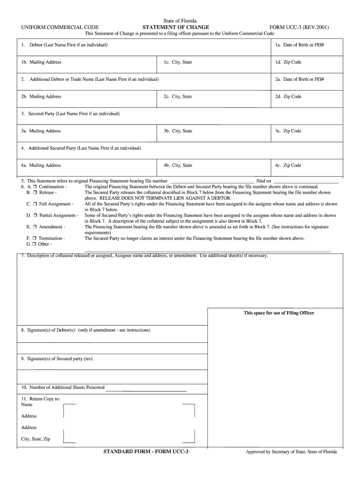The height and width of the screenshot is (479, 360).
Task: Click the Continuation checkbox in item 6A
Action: [x=35, y=186]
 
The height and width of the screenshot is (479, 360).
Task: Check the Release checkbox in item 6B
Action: [x=35, y=192]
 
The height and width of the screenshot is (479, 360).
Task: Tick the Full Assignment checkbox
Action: [x=35, y=204]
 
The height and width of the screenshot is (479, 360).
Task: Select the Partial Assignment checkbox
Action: [x=35, y=215]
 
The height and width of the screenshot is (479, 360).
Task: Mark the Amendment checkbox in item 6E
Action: [x=35, y=227]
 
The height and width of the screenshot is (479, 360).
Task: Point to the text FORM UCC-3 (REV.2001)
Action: [x=299, y=28]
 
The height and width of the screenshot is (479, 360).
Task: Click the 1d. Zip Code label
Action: [x=288, y=62]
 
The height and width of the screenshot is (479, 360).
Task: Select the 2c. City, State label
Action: [x=178, y=97]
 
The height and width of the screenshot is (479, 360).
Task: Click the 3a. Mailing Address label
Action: [x=41, y=131]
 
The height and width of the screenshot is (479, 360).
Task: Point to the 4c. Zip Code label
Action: [x=288, y=165]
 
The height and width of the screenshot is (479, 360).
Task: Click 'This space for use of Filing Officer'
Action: [x=279, y=313]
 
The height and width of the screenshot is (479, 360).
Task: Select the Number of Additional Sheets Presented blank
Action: [x=146, y=389]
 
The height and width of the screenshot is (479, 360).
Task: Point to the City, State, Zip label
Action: [x=36, y=439]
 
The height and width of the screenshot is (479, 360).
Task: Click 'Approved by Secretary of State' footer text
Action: [x=292, y=452]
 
